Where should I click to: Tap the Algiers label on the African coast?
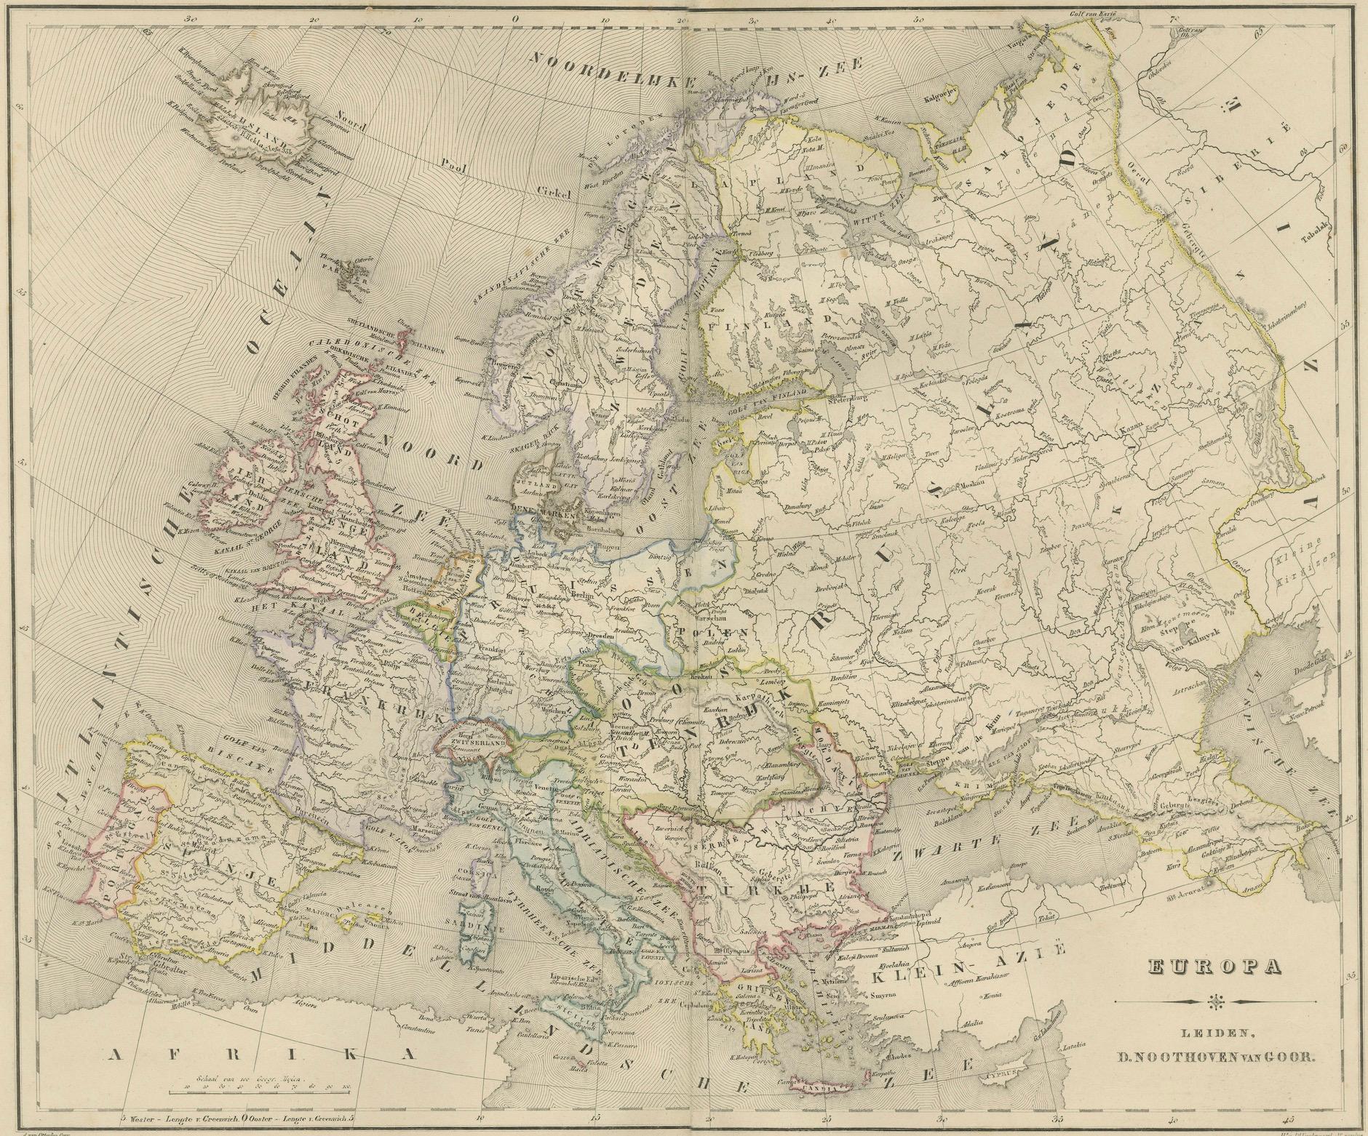[x=306, y=1004]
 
